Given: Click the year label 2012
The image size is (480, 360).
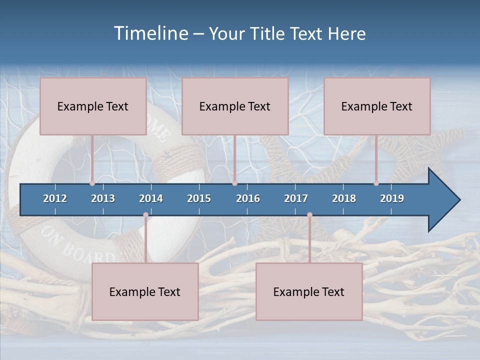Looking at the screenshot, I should coord(55,198).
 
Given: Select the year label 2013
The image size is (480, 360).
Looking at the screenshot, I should coord(103,198).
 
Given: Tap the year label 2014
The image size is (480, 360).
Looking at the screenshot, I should coord(151,198).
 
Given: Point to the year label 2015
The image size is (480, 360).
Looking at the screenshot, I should coord(199,198).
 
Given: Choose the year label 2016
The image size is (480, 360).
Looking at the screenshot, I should coord(248,198).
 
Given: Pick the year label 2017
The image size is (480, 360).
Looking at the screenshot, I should coord(296,198).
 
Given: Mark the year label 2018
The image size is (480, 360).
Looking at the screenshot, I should coord(344,198).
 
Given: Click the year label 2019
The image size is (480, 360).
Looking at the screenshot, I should coord(392,198).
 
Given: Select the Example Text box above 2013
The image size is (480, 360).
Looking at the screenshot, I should coord(93,106).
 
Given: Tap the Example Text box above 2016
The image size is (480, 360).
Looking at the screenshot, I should coord(235,106).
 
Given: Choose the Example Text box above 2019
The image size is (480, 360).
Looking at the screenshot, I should coord(377,106).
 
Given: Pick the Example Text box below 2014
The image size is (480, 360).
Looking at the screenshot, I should coord(145,291).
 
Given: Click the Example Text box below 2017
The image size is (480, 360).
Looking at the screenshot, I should coord(309,291).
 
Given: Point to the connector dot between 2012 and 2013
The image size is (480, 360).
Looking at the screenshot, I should coord(92,183).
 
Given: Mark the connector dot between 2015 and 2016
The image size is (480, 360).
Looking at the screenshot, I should coord(234,183).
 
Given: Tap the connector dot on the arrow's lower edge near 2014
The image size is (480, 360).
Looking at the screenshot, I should coord(145,215).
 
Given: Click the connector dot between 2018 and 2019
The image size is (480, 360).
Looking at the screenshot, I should coord(376,183).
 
